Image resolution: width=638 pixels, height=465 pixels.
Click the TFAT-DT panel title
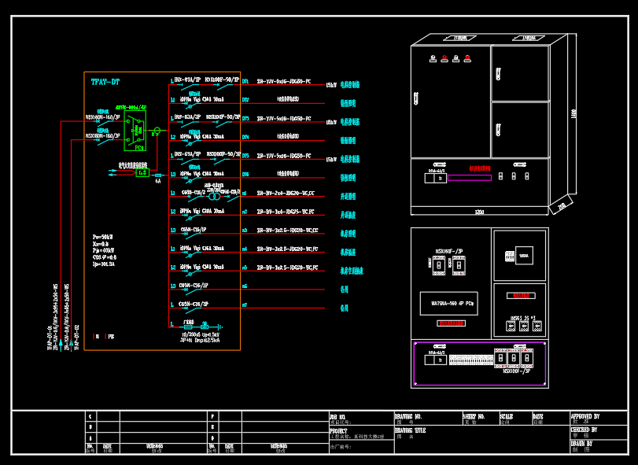[x=105, y=82]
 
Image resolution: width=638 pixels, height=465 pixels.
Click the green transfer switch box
[x=135, y=129]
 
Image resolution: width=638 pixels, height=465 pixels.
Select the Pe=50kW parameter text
[x=102, y=236]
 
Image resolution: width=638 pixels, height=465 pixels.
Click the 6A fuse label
[x=157, y=181]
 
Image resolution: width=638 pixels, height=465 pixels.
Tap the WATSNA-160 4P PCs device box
[x=448, y=301]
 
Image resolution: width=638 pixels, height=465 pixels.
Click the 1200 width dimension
[x=479, y=212]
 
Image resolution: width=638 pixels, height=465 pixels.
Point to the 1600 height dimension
[x=573, y=113]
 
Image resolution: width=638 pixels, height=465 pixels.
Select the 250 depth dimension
[x=561, y=206]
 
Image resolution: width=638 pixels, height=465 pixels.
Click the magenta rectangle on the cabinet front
[x=470, y=177]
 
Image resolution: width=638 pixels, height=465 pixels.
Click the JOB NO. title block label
[x=338, y=416]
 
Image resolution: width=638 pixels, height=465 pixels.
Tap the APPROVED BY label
[x=585, y=416]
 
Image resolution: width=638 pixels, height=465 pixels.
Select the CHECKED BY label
[x=585, y=430]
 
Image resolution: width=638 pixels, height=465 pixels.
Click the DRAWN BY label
[x=583, y=444]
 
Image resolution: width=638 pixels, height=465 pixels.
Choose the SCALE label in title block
[x=506, y=416]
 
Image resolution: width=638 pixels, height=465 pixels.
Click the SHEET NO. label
[x=474, y=416]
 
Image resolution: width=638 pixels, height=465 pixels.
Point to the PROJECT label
[x=339, y=431]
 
